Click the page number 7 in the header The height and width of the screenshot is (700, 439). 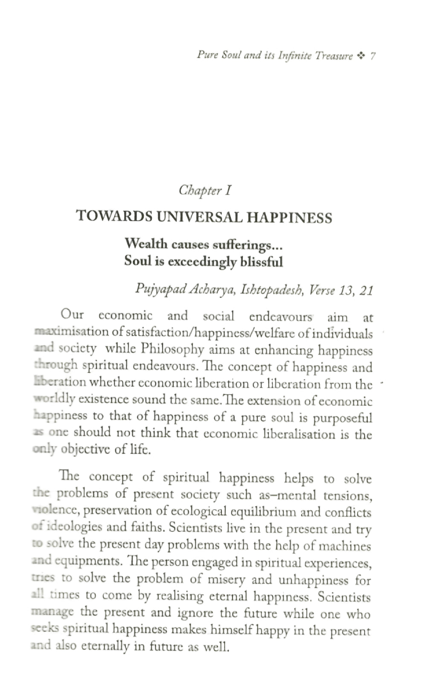[x=373, y=56]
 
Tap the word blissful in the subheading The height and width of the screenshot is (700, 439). [x=262, y=261]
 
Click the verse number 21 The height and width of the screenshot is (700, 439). [x=366, y=291]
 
